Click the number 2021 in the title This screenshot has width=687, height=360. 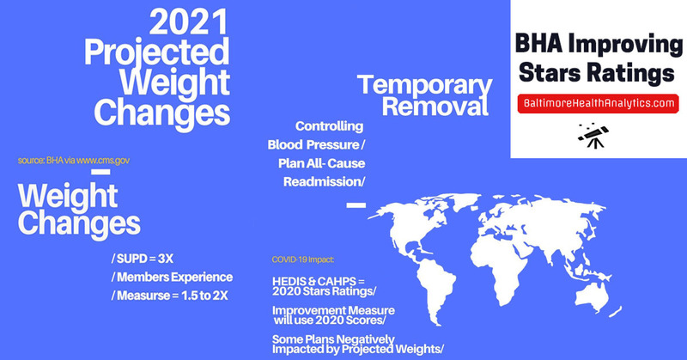pos(189,23)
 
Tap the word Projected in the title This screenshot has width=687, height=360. pos(156,52)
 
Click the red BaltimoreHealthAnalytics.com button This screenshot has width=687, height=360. pos(598,103)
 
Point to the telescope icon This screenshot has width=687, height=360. pos(593,136)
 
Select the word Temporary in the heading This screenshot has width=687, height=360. pos(425,86)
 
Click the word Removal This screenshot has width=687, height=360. pos(435,107)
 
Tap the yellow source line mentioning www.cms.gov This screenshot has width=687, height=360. pos(74,161)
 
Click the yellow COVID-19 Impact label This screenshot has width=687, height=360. pos(303,259)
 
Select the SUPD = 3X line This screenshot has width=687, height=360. pos(143,259)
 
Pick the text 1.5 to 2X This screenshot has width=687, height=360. pos(204,296)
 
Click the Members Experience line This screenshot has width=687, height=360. pos(173,278)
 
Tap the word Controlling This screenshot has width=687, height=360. pos(329,126)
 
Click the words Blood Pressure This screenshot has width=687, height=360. pos(313,144)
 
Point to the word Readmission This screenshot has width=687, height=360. pos(322,181)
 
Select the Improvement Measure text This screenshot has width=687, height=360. pos(333,310)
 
